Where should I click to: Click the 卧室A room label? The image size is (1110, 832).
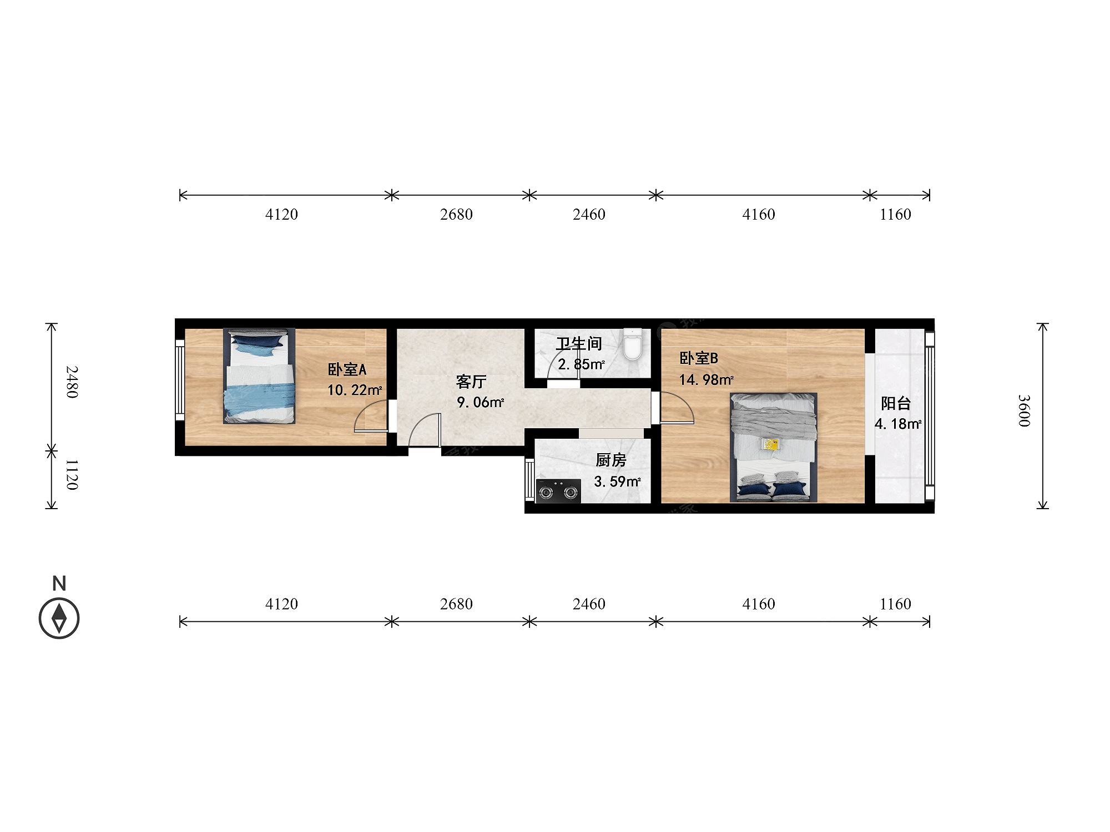[347, 369]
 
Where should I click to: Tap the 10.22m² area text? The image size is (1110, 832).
[355, 390]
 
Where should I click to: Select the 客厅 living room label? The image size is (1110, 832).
[471, 382]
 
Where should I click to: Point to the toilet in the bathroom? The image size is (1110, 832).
[633, 344]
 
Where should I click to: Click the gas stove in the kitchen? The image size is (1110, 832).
[558, 491]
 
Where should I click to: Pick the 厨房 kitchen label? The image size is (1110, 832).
[611, 460]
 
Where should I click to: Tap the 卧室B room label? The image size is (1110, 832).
[699, 358]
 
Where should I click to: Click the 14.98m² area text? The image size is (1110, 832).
[707, 379]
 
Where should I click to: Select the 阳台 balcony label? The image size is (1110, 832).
[896, 403]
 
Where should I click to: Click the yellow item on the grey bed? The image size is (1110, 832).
[771, 444]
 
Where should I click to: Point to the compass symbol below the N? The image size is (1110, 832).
[59, 618]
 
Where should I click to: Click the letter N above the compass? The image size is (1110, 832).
[59, 584]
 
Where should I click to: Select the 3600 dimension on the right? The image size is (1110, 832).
[1024, 411]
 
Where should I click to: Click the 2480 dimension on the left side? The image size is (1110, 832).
[72, 382]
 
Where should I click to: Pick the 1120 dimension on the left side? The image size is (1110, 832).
[72, 475]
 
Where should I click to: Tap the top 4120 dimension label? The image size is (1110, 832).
[281, 214]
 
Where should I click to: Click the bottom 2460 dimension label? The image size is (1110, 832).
[589, 603]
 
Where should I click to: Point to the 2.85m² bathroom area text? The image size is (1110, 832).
[581, 364]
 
